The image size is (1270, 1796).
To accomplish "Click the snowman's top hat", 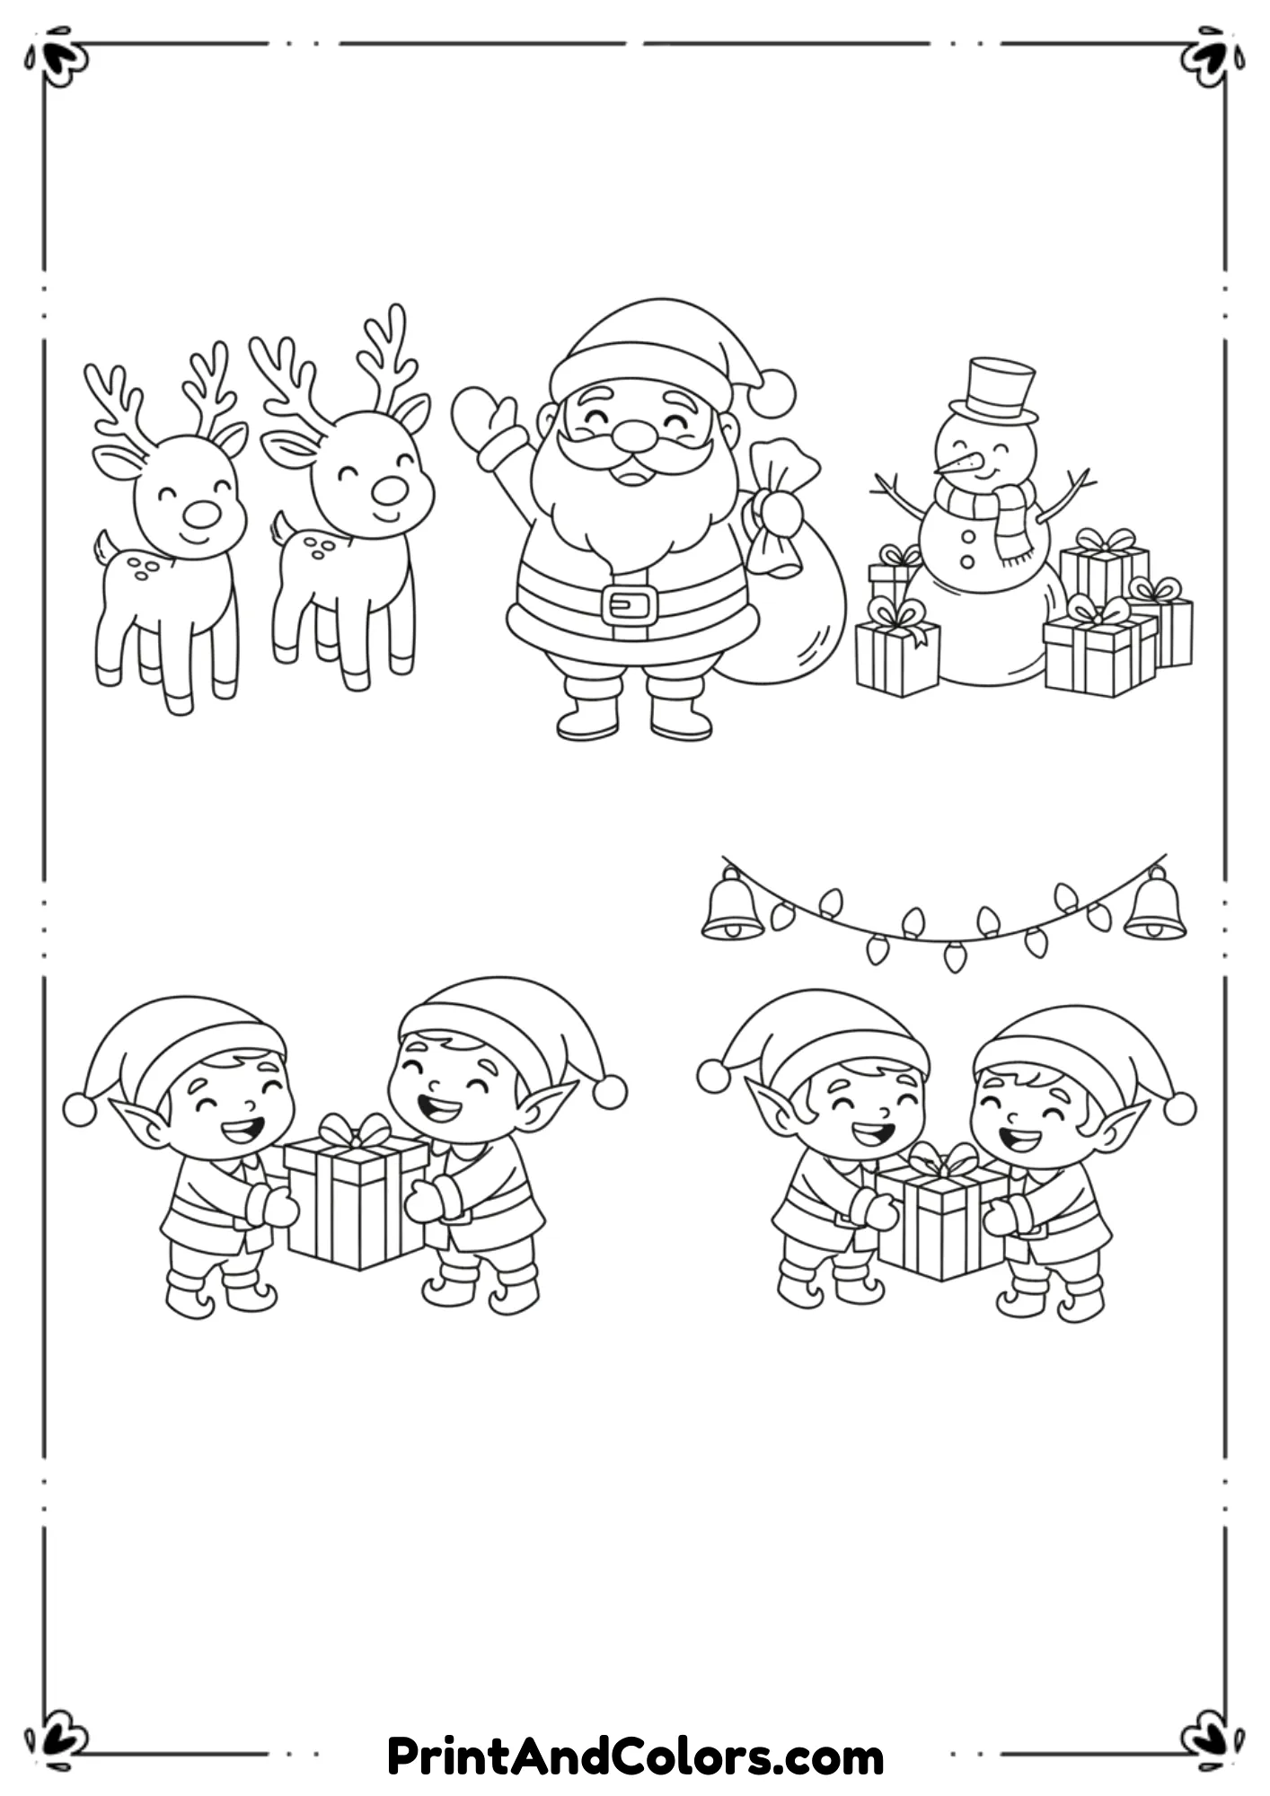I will (999, 392).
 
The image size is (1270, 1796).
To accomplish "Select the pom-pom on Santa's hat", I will (772, 393).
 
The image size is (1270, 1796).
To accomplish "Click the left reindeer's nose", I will (201, 514).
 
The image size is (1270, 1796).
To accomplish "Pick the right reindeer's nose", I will (390, 490).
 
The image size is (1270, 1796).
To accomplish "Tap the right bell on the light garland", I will (1155, 907).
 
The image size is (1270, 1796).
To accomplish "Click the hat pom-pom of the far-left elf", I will (79, 1109).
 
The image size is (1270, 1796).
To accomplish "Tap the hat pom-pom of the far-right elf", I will (1179, 1107).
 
